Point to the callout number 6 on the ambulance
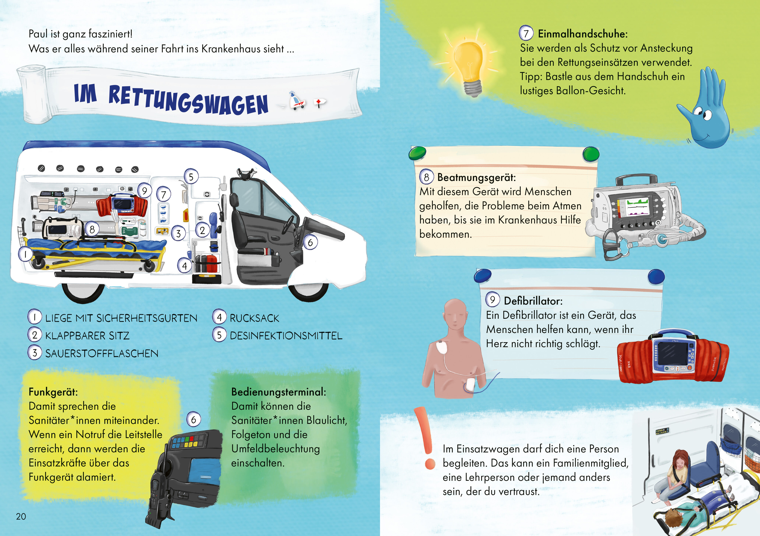pos(310,242)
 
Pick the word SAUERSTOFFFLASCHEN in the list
pos(102,354)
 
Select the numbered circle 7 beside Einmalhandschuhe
pos(526,33)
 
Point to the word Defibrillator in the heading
pos(533,301)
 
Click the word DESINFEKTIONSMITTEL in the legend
pos(286,336)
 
